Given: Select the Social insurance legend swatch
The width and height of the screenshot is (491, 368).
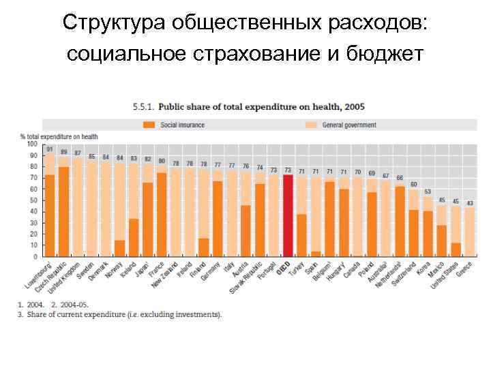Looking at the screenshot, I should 149,125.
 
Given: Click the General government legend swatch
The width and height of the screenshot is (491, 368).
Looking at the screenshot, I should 312,125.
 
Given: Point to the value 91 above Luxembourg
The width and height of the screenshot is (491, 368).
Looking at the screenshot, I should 50,149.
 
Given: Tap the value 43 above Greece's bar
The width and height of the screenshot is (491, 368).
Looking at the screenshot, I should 470,203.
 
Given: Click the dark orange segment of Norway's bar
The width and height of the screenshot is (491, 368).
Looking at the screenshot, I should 120,249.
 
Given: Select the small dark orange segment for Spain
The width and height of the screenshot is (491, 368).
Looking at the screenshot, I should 316,254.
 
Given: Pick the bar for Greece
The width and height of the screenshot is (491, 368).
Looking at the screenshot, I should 470,232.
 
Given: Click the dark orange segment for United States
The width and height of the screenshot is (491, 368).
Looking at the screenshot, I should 456,250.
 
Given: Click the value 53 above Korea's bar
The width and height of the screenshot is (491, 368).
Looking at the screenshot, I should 428,192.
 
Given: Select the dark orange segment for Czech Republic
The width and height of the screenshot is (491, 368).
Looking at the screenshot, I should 63,212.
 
